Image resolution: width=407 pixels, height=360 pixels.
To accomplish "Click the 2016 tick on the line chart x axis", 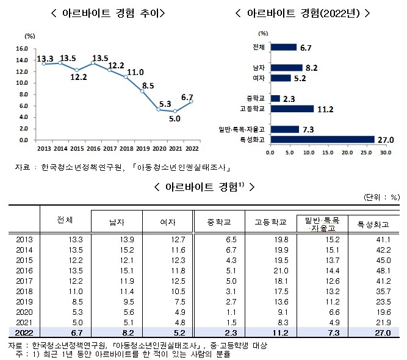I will (92, 148).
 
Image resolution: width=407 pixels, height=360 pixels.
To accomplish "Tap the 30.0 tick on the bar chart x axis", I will (385, 153).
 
